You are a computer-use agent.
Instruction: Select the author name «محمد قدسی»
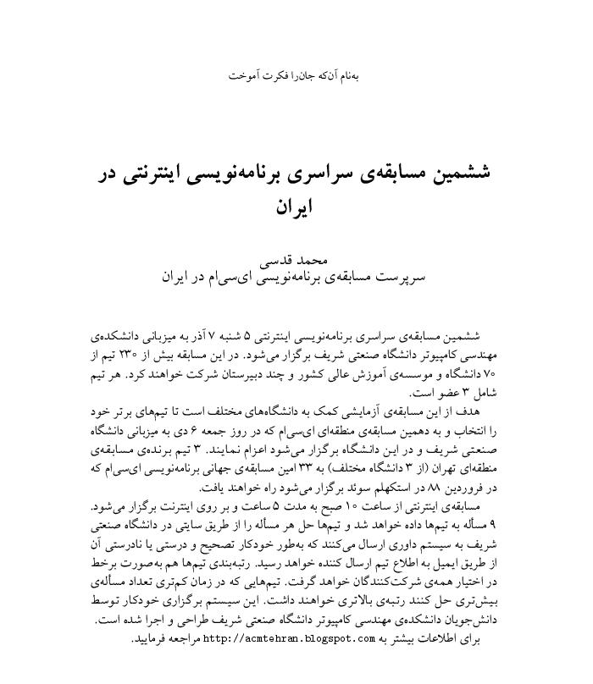[x=296, y=260]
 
